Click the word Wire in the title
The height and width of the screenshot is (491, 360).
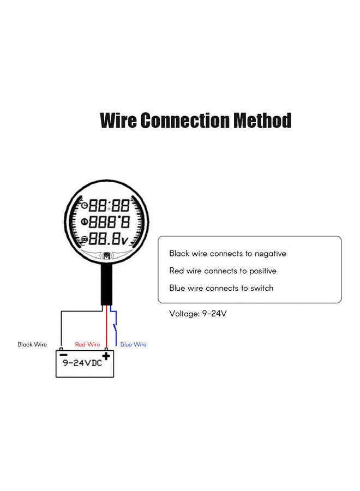118,120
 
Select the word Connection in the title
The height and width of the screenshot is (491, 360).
185,120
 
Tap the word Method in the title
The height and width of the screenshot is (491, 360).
262,120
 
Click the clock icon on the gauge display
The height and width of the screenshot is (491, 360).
85,206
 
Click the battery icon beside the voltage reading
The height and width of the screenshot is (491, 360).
85,240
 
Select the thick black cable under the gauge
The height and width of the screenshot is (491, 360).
107,284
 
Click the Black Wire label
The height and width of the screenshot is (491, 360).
32,345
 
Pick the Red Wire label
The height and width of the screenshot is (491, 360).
87,345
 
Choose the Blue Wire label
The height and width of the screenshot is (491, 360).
134,345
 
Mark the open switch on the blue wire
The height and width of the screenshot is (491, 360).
114,329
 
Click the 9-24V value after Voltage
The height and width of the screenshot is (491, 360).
214,314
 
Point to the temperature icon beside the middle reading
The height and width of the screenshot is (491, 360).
85,222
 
